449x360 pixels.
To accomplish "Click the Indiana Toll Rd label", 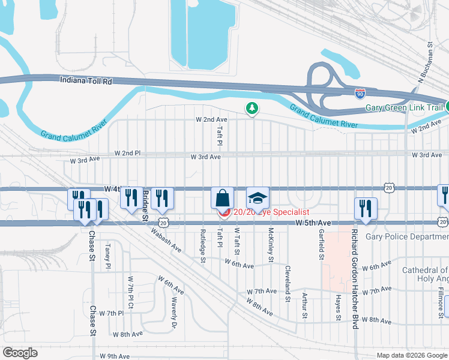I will [x=86, y=80].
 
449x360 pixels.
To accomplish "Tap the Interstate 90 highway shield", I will [x=359, y=93].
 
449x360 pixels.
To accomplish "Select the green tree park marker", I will [x=253, y=108].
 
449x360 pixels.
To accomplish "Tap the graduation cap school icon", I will [x=258, y=198].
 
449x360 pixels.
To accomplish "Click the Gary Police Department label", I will [x=406, y=236].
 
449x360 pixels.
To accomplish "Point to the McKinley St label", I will [x=271, y=245].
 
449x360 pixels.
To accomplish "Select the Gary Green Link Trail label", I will [x=405, y=109].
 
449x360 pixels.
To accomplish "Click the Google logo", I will [x=20, y=353].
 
